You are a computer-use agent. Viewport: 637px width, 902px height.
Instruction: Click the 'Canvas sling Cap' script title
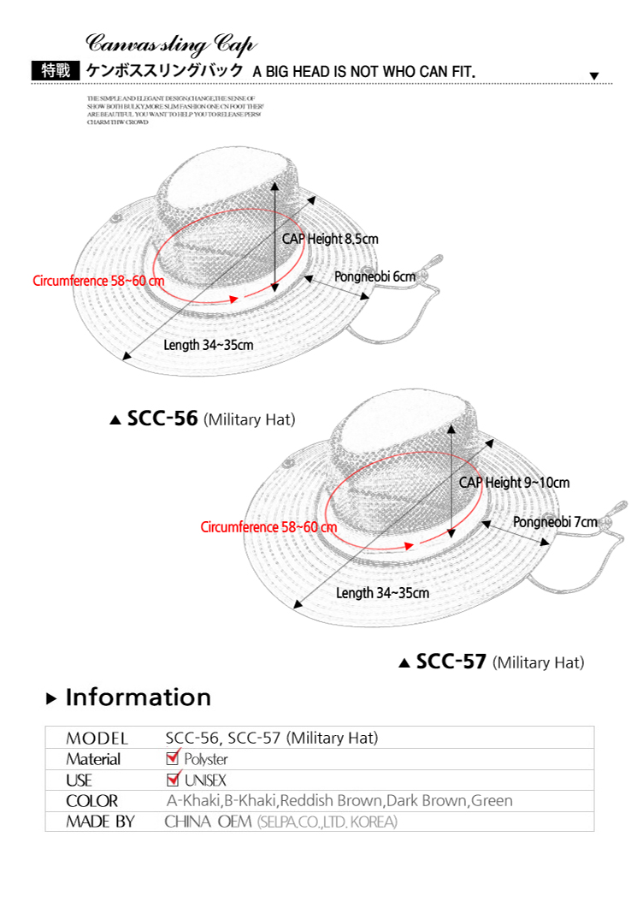171,44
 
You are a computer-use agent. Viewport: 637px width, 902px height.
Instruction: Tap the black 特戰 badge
56,71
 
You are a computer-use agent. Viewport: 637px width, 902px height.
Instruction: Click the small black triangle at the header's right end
595,76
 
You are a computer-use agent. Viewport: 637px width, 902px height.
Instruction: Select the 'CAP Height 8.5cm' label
330,239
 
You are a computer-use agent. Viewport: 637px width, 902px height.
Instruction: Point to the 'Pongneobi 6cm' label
375,276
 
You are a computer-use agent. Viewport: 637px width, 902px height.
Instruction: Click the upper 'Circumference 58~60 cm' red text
98,281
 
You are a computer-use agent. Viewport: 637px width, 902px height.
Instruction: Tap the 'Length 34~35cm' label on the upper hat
208,345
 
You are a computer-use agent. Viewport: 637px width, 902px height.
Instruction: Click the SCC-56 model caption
162,419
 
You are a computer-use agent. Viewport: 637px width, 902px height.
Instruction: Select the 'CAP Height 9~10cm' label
514,483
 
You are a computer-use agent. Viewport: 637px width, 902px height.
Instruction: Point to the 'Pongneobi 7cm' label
555,522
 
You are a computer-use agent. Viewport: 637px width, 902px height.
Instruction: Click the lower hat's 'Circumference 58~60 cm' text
268,527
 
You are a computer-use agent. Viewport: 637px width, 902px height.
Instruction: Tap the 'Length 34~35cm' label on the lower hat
382,592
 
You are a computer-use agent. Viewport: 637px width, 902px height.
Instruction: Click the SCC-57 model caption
451,662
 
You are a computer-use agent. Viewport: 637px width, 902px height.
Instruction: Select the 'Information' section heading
138,697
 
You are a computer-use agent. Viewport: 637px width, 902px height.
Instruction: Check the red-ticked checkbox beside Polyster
174,758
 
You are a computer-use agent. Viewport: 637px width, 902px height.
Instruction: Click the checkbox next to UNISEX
174,779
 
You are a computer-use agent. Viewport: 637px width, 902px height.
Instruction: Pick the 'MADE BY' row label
100,822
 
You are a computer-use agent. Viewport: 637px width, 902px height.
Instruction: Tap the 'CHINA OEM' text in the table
208,822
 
